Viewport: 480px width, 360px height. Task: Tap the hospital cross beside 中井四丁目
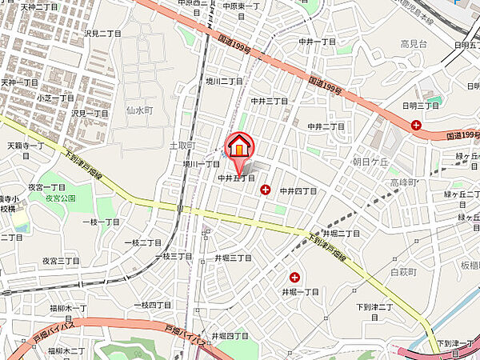(265, 190)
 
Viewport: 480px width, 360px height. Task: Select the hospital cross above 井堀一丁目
(295, 277)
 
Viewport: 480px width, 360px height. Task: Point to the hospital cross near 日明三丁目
(416, 124)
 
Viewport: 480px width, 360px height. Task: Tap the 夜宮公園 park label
(59, 197)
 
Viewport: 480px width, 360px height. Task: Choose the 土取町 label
(182, 146)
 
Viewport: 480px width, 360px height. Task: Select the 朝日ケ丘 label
(348, 162)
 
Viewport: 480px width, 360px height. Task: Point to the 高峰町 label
(404, 183)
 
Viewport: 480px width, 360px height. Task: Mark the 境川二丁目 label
(223, 82)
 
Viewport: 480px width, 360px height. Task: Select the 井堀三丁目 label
(233, 258)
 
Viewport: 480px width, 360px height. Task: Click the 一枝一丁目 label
(100, 222)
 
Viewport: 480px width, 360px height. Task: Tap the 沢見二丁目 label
(102, 34)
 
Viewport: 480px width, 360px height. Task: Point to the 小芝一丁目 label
(55, 98)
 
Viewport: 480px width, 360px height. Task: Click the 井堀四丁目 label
(230, 335)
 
